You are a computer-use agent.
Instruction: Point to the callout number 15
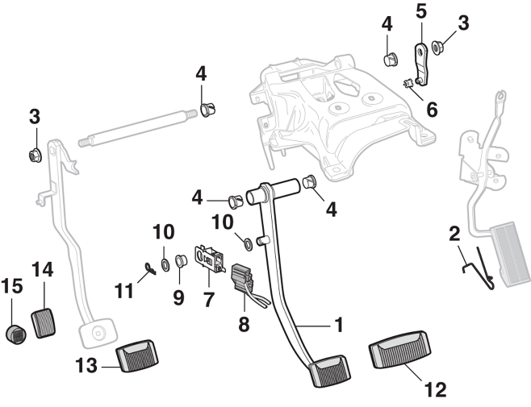coord(12,286)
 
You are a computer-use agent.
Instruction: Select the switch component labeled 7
coord(211,255)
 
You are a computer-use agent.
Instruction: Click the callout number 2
coord(454,234)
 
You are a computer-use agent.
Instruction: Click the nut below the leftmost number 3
coord(35,154)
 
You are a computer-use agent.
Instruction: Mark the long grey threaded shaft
coord(137,127)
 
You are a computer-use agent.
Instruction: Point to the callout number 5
coord(420,12)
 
